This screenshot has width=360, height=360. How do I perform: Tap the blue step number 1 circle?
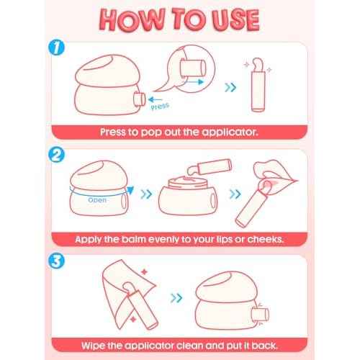pyautogui.click(x=56, y=48)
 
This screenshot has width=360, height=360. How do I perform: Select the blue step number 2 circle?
pyautogui.click(x=56, y=155)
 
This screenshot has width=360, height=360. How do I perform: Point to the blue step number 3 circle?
pyautogui.click(x=56, y=261)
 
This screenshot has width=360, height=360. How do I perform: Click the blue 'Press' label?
pyautogui.click(x=160, y=106)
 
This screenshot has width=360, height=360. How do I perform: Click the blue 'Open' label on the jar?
pyautogui.click(x=97, y=200)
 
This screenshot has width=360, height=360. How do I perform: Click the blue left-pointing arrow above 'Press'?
pyautogui.click(x=155, y=99)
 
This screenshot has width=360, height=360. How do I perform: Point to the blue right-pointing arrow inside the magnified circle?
pyautogui.click(x=194, y=82)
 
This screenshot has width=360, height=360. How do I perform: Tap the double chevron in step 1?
pyautogui.click(x=230, y=87)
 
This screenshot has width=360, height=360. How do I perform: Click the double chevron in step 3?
pyautogui.click(x=176, y=298)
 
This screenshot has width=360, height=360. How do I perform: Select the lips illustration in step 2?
pyautogui.click(x=276, y=177)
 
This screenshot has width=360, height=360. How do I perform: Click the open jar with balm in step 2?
pyautogui.click(x=188, y=196)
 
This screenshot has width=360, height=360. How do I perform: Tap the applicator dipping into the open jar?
pyautogui.click(x=210, y=167)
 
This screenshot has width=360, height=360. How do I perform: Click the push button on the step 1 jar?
pyautogui.click(x=140, y=99)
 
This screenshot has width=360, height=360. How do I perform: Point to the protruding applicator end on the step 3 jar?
pyautogui.click(x=261, y=315)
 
